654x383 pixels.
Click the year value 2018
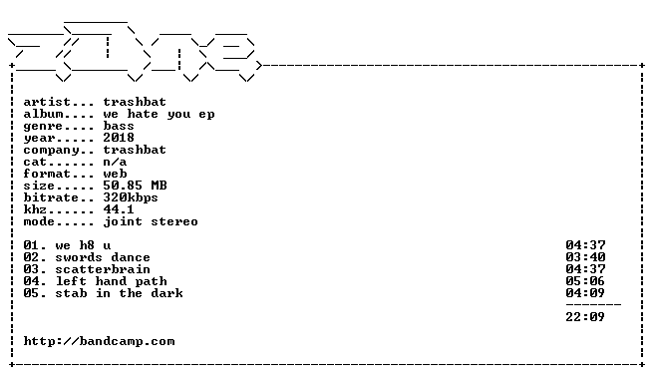tap(119, 138)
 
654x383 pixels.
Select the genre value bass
tap(119, 126)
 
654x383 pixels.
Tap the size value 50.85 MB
tap(135, 186)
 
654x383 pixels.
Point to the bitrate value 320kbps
tap(131, 197)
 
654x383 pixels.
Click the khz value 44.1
tap(119, 209)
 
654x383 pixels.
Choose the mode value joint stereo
tap(151, 221)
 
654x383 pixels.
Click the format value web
tap(115, 174)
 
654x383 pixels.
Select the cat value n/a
tap(115, 162)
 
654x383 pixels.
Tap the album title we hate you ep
tap(159, 114)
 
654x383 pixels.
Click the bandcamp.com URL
tap(100, 341)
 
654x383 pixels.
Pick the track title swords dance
tap(103, 257)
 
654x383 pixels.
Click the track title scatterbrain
tap(103, 269)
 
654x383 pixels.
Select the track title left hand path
tap(112, 281)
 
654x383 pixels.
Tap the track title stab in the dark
tap(119, 293)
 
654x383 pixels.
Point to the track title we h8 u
tap(83, 245)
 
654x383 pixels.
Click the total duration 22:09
tap(585, 317)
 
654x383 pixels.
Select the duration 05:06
tap(585, 281)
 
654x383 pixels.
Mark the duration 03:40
tap(585, 257)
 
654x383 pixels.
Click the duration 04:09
tap(585, 293)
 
